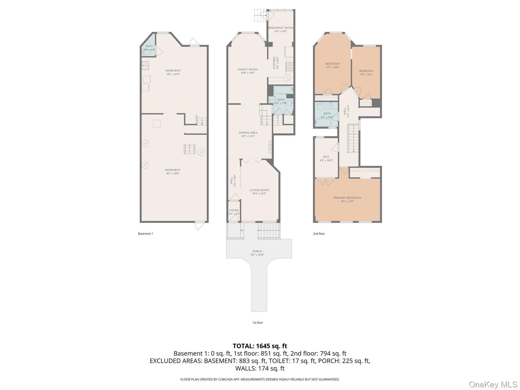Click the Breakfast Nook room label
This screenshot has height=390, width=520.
(x=280, y=28)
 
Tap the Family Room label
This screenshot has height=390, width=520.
(x=248, y=70)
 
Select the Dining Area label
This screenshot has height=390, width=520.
(x=248, y=133)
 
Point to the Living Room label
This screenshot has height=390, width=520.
(x=259, y=190)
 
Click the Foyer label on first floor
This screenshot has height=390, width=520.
(x=234, y=211)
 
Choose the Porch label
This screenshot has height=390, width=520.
(x=257, y=252)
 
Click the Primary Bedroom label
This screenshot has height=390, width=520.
(x=347, y=198)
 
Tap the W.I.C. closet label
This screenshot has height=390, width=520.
(x=326, y=157)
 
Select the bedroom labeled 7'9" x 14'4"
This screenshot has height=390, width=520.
(x=366, y=71)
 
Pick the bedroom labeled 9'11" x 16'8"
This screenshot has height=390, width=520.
(x=332, y=64)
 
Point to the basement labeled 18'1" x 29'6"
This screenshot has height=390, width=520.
(x=173, y=170)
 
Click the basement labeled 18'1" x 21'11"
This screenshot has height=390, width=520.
(x=173, y=71)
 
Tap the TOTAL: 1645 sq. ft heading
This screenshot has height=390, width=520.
(x=260, y=346)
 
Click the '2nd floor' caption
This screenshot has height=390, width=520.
(x=319, y=234)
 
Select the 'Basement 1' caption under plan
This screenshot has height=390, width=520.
(x=145, y=234)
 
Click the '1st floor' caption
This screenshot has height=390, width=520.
(x=258, y=323)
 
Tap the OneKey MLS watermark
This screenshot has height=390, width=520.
(x=493, y=385)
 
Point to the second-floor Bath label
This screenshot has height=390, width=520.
(x=327, y=114)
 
